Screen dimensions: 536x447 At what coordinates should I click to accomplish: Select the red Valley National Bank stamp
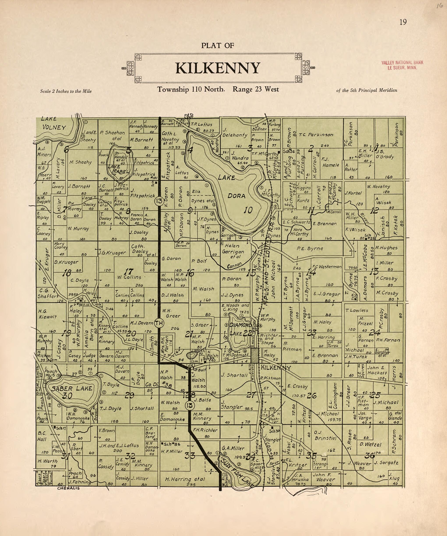(x=402, y=65)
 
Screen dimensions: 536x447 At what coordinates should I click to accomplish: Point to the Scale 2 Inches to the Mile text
(x=66, y=91)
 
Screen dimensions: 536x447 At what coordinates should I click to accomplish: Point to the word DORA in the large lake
(x=237, y=196)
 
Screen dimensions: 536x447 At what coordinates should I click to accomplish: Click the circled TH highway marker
(x=159, y=323)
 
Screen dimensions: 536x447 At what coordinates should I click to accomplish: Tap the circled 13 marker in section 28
(x=189, y=405)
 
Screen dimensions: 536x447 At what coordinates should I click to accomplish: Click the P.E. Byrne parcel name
(x=310, y=248)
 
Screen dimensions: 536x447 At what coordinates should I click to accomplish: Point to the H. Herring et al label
(x=185, y=479)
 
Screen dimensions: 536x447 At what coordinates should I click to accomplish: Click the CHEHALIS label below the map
(x=69, y=488)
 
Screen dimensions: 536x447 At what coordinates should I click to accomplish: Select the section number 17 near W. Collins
(x=129, y=271)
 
